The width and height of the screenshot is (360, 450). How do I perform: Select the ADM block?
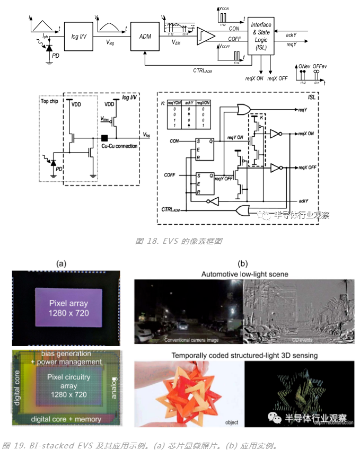point(144,36)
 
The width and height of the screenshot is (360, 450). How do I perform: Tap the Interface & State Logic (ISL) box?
point(260,36)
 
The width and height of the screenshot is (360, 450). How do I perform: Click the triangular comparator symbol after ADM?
point(206,36)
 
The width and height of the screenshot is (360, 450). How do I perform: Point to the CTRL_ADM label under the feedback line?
point(202,69)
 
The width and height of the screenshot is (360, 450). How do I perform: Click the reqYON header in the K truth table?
point(174,102)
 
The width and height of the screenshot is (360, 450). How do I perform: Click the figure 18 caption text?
point(179,241)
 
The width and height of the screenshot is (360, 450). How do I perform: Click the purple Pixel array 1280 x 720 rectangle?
point(69,307)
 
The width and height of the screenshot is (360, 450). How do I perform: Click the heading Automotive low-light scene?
point(244,274)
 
